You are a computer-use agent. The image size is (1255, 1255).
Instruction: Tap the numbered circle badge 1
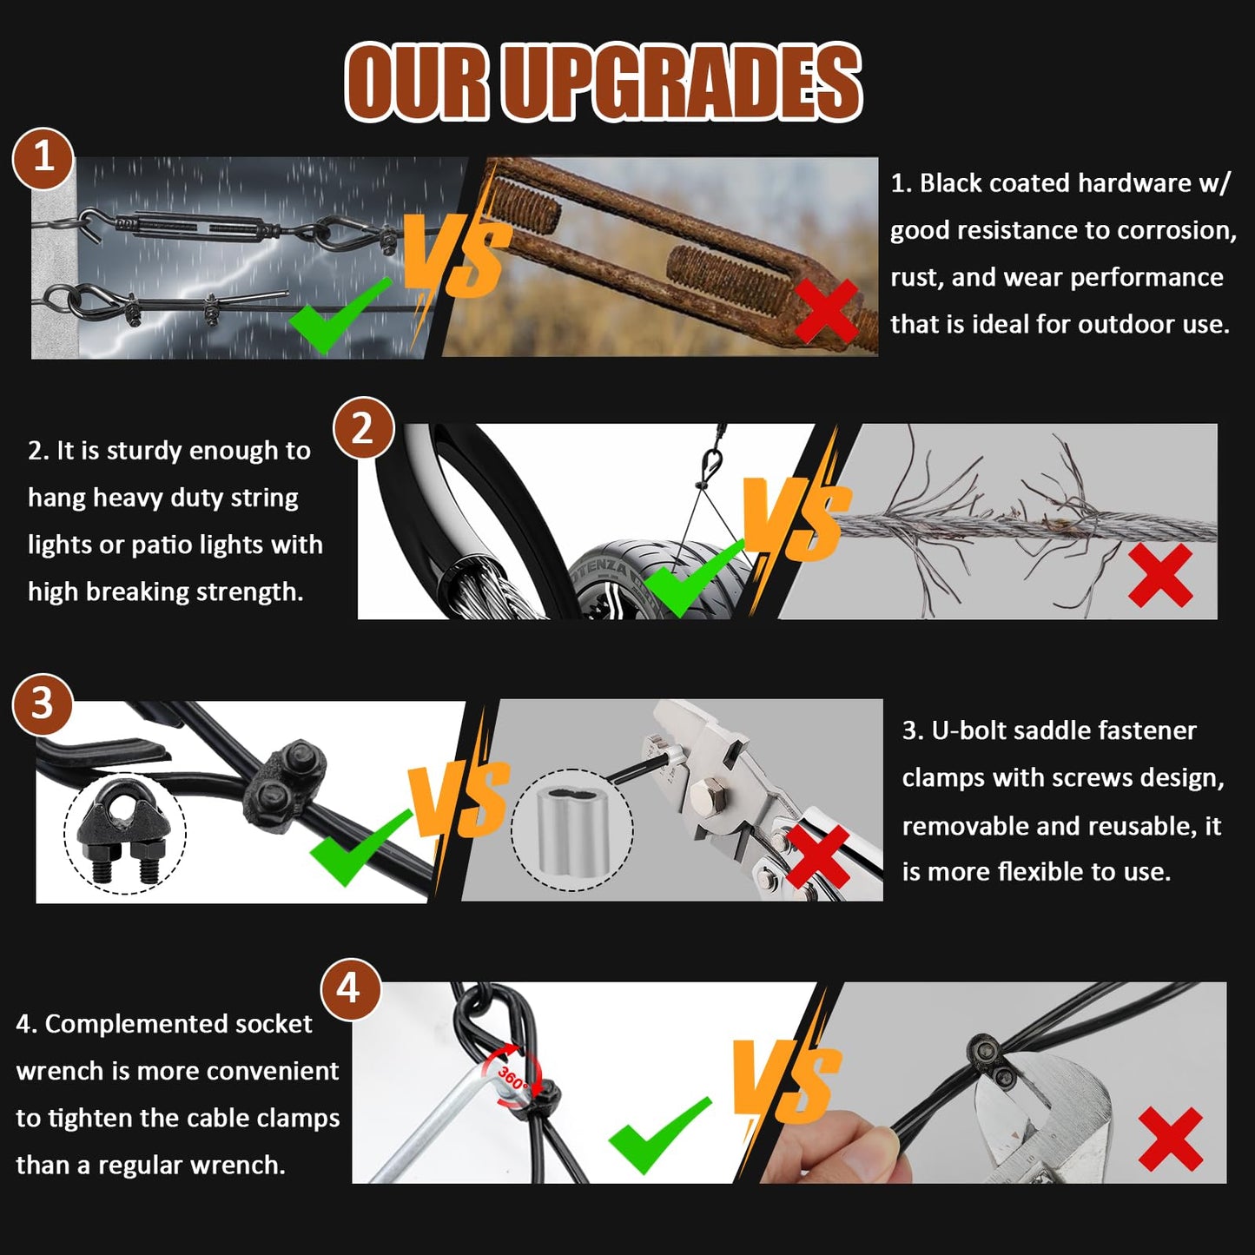pos(43,158)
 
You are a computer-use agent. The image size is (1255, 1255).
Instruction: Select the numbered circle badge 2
pos(363,428)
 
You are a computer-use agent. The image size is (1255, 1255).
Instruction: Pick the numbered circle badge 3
pos(43,704)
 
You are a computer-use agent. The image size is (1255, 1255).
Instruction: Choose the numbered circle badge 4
pos(350,988)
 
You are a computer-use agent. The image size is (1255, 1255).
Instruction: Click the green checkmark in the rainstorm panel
pos(340,315)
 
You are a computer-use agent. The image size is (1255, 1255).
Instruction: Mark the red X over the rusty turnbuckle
pos(827,311)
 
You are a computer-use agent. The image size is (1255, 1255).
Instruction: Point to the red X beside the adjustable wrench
pos(1171,1139)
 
